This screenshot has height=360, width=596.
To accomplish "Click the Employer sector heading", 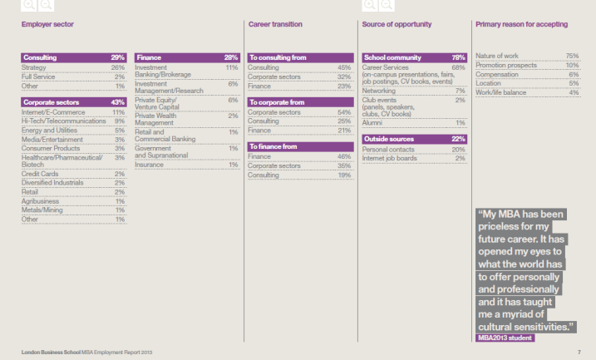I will pos(47,24).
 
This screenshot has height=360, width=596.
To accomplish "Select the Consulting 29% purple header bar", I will pos(73,57).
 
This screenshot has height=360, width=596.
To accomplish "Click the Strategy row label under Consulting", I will pos(34,67).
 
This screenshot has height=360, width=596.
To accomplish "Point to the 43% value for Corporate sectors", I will pos(118,102).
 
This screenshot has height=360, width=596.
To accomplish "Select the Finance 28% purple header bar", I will pos(187,57).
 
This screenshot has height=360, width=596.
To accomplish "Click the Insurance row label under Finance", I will pos(150,165).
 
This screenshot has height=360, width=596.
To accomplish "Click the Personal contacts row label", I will pos(387,149).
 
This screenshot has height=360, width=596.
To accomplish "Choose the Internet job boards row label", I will pos(391,158).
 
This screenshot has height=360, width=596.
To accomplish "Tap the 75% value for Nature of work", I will pos(571,56).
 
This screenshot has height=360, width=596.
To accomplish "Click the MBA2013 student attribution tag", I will pos(505,338).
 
